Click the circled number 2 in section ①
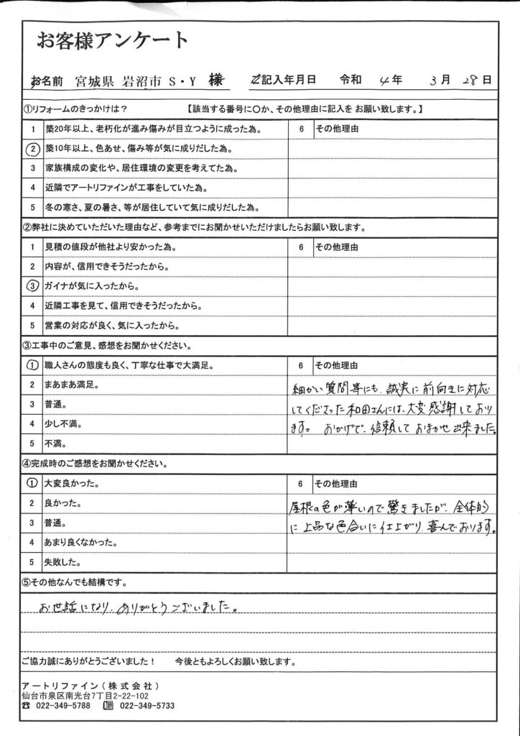[x=32, y=149]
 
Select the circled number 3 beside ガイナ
[x=32, y=285]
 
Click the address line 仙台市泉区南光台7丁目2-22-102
[x=85, y=696]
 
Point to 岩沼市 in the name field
[x=140, y=80]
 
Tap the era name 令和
[x=352, y=80]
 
